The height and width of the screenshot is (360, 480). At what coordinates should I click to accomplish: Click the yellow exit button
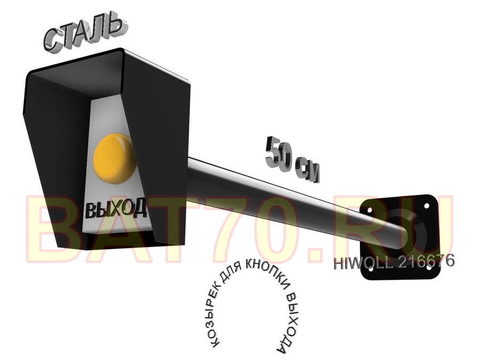coord(114,158)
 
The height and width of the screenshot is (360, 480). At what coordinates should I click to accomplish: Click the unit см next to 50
coord(307,171)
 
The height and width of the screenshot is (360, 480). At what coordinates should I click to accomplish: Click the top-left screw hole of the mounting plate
coord(370,211)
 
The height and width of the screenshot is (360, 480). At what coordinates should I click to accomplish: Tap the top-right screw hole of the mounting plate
coord(426,206)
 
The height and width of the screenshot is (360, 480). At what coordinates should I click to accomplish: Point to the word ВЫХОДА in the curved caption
coord(289,322)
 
